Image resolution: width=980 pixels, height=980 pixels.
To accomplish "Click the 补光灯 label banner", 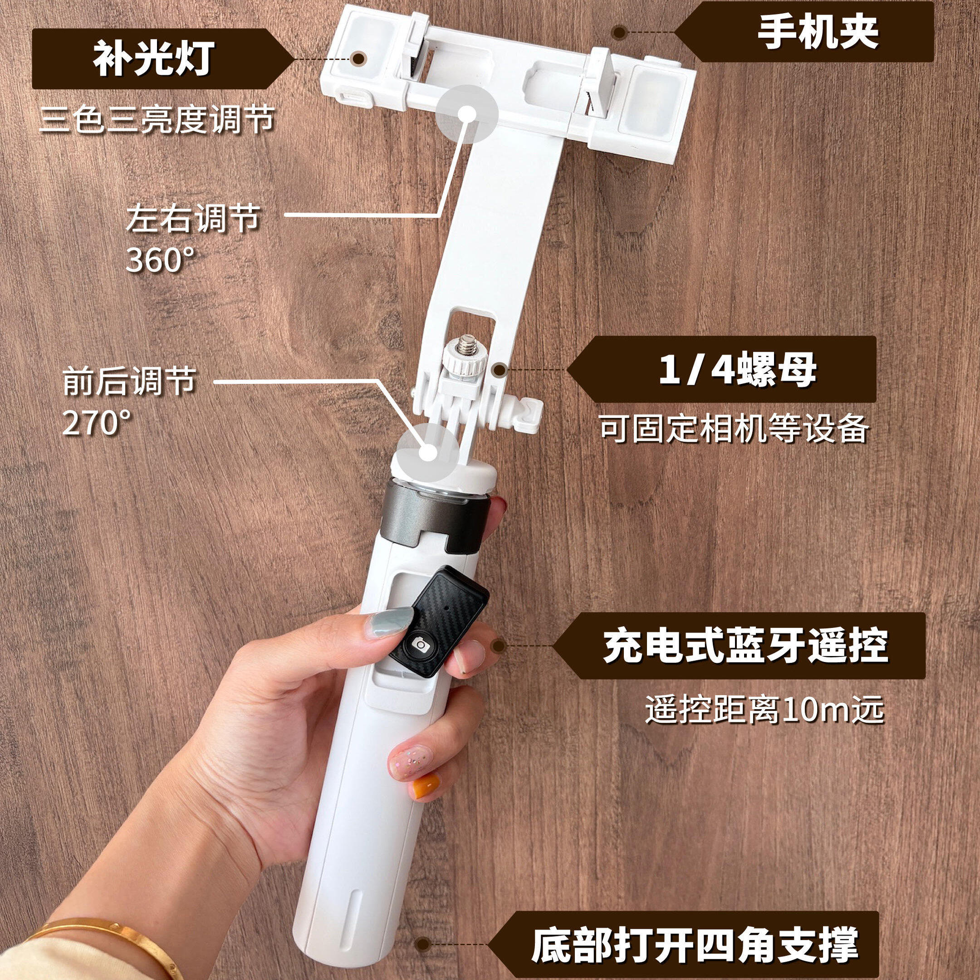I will click(x=152, y=59).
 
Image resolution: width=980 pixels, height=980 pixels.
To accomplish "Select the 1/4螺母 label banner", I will click(x=735, y=370).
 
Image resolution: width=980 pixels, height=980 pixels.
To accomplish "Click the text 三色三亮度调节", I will click(x=157, y=120).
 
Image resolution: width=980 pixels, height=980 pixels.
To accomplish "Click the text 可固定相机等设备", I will click(x=734, y=429).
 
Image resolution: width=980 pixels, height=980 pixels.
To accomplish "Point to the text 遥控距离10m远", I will click(x=764, y=709).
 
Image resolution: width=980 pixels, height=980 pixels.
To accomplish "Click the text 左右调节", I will click(x=193, y=219).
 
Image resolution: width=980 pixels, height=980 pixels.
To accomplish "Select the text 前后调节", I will click(x=129, y=382).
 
